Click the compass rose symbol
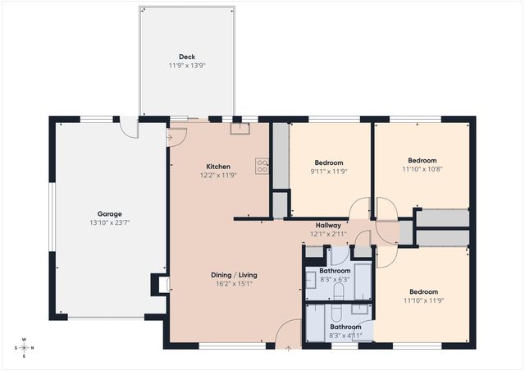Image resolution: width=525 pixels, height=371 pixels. pos(25,346)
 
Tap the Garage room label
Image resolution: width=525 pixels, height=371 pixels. pos(110,213)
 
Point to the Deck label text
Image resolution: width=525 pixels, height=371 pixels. pos(187,57)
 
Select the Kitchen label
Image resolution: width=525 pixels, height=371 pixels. pos(217,167)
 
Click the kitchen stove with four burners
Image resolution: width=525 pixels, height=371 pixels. pos(262,166)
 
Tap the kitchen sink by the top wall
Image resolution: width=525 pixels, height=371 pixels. pos(240,127)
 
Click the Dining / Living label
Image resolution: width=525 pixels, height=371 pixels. pos(234,275)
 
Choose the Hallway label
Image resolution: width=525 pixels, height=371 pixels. pos(328,225)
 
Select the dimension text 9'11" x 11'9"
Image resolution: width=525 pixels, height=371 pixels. pos(329,172)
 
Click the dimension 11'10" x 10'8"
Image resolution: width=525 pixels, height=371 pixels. pos(422,169)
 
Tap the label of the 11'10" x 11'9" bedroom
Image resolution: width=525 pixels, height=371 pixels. pos(423,292)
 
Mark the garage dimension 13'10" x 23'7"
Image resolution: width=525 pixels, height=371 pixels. pos(110,222)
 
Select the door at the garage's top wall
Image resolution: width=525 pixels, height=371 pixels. pos(129,127)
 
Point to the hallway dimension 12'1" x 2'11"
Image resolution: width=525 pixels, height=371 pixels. pos(328,234)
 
